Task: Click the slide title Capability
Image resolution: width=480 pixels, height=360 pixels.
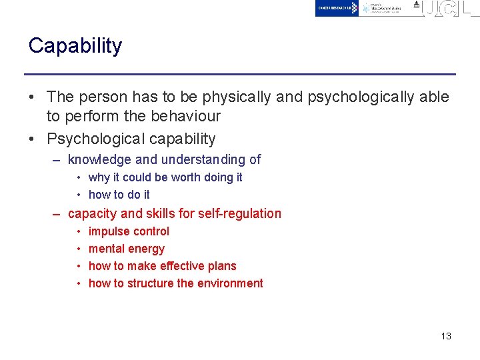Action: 75,46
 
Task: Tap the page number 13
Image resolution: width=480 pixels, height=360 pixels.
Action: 446,336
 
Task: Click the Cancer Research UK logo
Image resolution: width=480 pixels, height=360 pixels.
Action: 337,8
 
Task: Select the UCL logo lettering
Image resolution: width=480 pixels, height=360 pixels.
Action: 451,9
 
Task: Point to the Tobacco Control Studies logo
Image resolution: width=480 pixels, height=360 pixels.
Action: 385,8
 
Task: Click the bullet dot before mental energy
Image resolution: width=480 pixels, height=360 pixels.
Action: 79,249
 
